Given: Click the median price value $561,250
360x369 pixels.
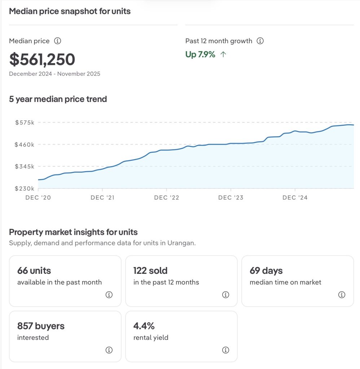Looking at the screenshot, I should (42, 59).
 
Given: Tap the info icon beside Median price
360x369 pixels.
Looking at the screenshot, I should (57, 41).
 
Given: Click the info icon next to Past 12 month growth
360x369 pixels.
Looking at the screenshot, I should (260, 41).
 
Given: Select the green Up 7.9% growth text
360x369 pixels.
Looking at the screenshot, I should (200, 55).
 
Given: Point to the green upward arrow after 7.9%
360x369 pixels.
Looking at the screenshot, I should (223, 55).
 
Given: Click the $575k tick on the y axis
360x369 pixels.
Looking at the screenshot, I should (25, 123).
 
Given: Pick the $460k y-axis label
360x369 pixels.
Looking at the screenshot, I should (25, 145).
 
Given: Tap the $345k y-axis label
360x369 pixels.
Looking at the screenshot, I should (25, 166).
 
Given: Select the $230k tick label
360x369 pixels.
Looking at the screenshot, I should (25, 188).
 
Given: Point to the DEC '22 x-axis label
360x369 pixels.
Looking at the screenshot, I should (166, 197).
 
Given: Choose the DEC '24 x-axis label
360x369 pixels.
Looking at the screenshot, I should (295, 197).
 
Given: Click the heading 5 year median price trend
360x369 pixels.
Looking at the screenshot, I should (58, 99).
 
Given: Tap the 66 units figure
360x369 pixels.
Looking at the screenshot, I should (34, 271).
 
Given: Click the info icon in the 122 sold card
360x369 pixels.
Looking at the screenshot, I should (225, 295).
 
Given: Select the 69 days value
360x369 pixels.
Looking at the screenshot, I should (266, 271).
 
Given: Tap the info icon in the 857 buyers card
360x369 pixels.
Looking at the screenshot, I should (109, 350).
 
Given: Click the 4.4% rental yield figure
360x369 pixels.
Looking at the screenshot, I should (144, 326).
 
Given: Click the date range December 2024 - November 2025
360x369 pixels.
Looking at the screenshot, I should (54, 74).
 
